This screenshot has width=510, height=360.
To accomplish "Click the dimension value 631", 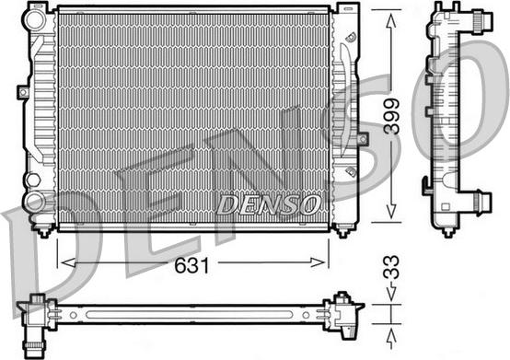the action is point(191,265).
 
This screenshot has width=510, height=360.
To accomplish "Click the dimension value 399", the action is point(391,116).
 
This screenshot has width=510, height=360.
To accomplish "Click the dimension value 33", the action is point(391,267).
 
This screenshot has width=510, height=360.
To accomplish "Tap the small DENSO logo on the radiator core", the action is point(268,205).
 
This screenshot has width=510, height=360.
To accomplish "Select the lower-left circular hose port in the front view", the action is point(35,202).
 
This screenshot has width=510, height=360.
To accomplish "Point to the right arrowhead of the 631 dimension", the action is point(318,262).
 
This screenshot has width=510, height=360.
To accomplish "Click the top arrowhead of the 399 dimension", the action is point(391,22).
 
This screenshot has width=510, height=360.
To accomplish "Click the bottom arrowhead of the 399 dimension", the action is point(391,211).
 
